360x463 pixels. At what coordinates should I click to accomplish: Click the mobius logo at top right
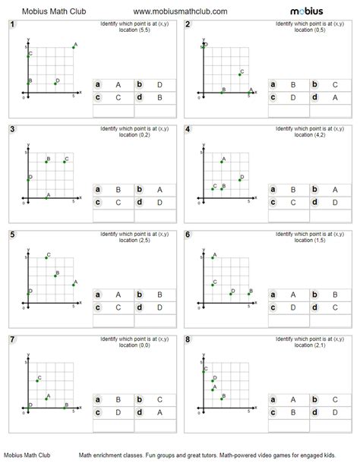coord(308,11)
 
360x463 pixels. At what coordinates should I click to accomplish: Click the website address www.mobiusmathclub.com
coord(180,11)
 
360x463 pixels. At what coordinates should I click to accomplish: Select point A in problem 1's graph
coord(74,47)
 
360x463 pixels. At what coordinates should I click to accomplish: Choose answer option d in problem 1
coord(141,97)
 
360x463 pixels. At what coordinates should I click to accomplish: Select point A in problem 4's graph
coord(221,162)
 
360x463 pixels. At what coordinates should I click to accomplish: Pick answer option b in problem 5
coord(141,294)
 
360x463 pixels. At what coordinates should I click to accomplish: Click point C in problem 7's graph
coord(36,380)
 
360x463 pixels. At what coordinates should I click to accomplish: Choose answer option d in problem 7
coord(141,412)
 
